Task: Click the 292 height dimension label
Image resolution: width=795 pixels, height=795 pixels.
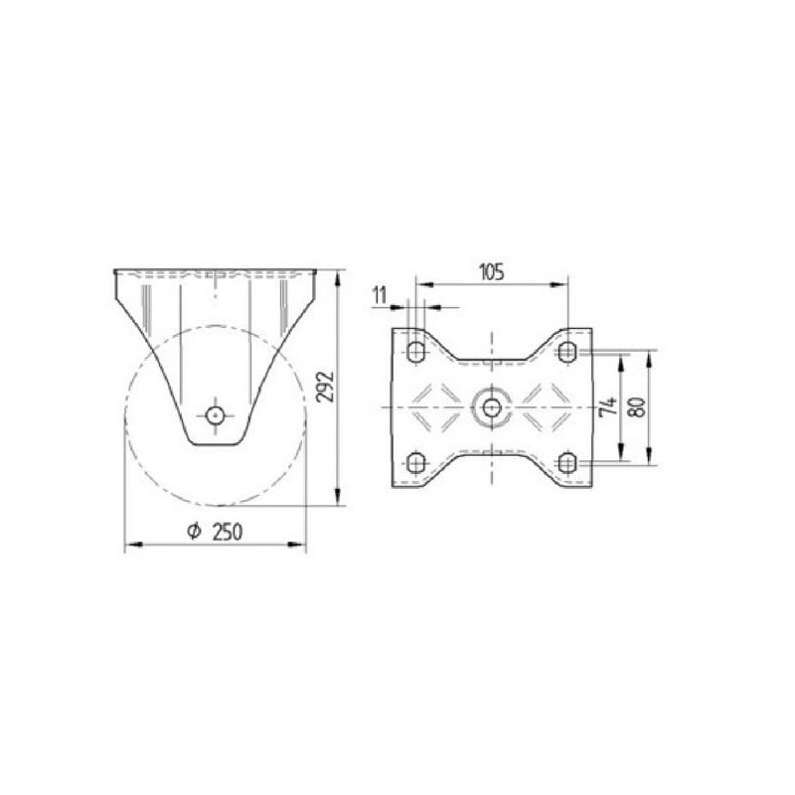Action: (325, 388)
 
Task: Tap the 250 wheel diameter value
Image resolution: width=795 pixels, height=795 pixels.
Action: (227, 532)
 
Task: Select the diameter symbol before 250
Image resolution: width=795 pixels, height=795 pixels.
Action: (194, 532)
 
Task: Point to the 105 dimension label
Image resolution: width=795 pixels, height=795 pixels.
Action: (491, 272)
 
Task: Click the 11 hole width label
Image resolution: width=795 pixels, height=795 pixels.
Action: (380, 295)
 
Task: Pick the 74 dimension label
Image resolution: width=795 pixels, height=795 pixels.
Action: (608, 407)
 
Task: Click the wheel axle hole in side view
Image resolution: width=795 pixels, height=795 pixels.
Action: (215, 415)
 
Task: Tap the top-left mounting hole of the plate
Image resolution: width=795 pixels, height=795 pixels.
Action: (416, 352)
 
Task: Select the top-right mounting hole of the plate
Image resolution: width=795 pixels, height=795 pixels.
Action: (567, 352)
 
